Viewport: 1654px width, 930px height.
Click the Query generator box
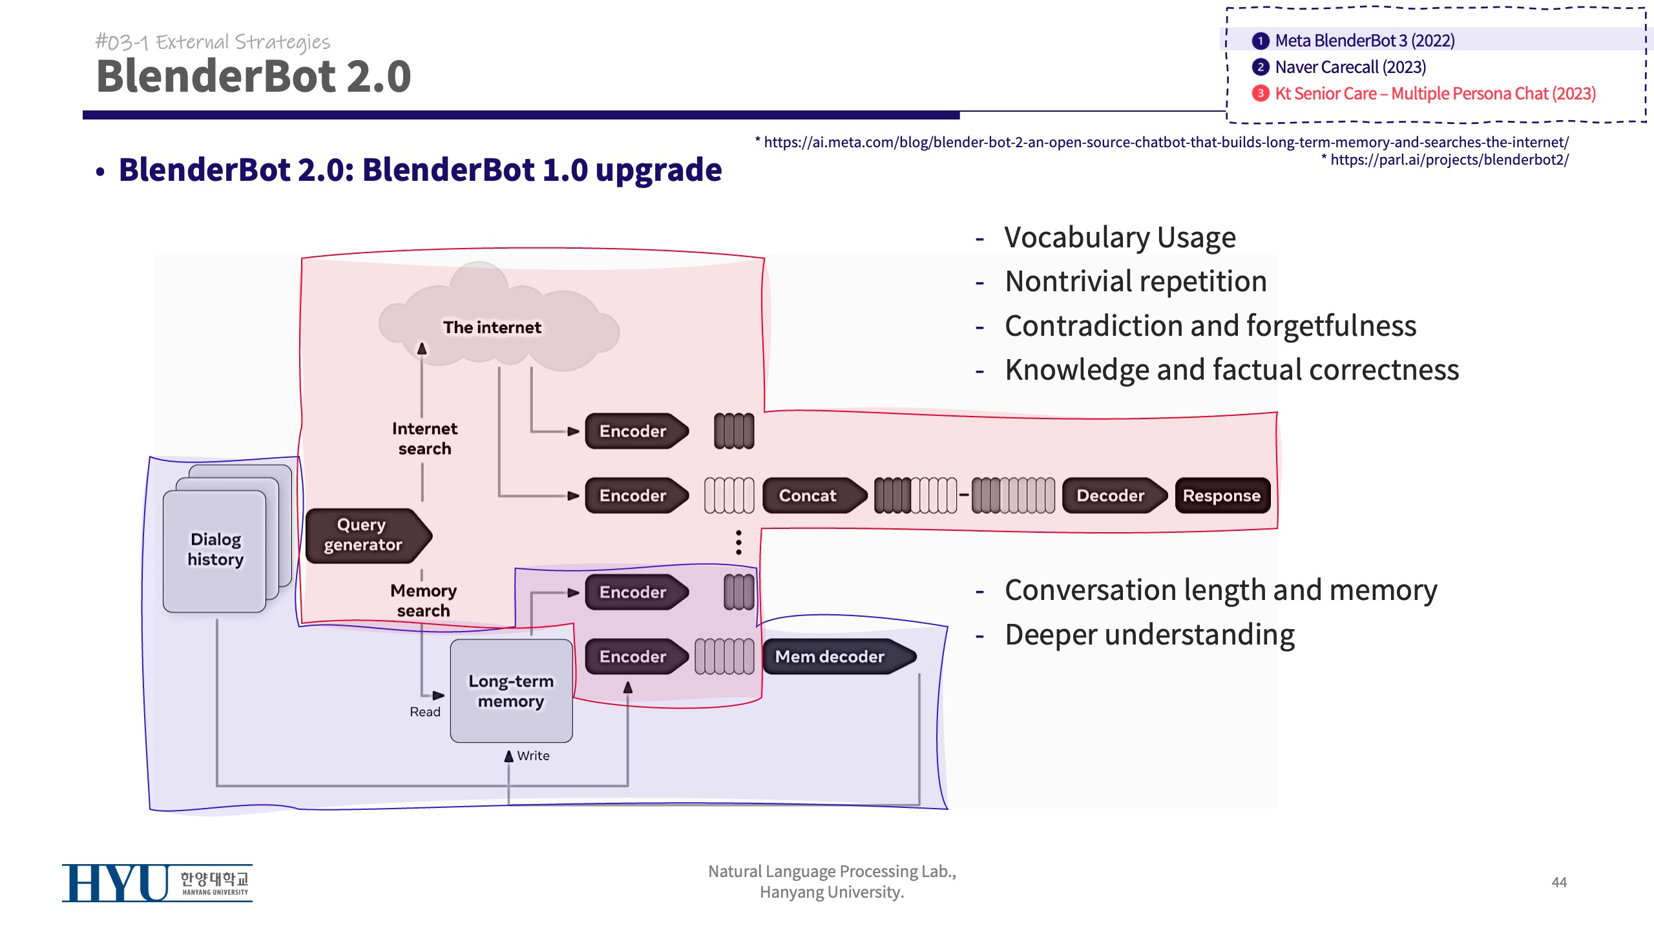click(x=365, y=535)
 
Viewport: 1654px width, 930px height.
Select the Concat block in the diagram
click(x=810, y=495)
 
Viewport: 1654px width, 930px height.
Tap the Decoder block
click(x=1111, y=495)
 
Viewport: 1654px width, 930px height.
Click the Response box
click(x=1222, y=495)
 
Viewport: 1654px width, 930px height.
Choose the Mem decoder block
click(x=833, y=656)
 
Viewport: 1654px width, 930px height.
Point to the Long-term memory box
click(x=511, y=690)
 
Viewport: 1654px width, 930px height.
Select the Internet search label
click(x=424, y=439)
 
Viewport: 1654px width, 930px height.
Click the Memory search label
click(x=423, y=601)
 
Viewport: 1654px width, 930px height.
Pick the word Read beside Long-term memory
click(x=424, y=712)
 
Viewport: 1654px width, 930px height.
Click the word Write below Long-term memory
click(x=533, y=756)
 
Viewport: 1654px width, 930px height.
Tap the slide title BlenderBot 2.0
click(x=253, y=76)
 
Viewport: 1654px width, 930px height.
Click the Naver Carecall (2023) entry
click(x=1350, y=67)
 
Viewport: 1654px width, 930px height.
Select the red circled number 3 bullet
click(x=1260, y=94)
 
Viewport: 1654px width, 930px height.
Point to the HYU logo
click(x=156, y=883)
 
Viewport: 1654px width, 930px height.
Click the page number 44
click(x=1559, y=882)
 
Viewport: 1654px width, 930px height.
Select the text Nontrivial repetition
click(x=1135, y=282)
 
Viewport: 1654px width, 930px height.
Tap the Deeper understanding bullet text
click(x=1149, y=634)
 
